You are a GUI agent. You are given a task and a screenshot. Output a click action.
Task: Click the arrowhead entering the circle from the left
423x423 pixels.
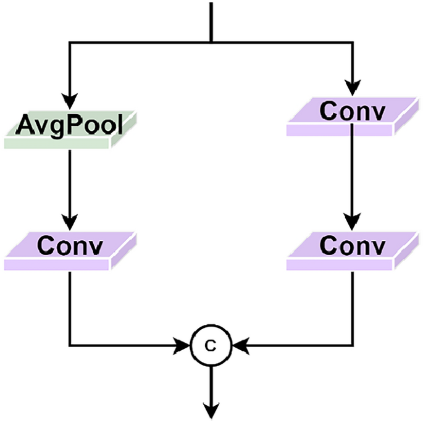click(185, 345)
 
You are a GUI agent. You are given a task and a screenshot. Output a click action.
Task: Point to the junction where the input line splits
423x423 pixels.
click(211, 43)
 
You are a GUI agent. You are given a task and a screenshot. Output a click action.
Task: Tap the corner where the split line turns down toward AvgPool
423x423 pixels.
click(70, 43)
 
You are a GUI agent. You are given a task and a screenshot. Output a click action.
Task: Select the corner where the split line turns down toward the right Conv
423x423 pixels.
click(352, 43)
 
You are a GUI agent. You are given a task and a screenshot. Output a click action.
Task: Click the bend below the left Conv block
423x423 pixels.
click(70, 345)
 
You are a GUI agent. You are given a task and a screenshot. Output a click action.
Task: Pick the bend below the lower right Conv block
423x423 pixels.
click(352, 345)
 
